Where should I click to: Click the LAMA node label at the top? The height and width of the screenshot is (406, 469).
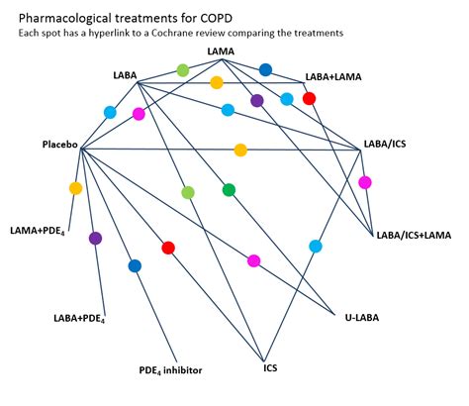[x=223, y=51]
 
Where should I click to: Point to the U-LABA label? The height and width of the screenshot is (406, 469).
[x=361, y=318]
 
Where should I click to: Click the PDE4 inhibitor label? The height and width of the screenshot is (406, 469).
[x=170, y=370]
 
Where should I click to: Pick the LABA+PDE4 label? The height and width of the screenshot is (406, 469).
[x=79, y=318]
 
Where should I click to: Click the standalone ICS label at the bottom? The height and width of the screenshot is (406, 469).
[x=270, y=368]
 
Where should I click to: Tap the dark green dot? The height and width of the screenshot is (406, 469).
[x=230, y=189]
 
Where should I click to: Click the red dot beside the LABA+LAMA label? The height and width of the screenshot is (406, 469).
[x=309, y=98]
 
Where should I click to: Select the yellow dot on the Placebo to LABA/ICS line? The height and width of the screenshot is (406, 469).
[x=240, y=151]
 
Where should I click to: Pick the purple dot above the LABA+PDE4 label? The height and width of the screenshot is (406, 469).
[x=96, y=238]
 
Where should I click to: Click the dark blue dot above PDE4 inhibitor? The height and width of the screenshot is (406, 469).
[x=135, y=265]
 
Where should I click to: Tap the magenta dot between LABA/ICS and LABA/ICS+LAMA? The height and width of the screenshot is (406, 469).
[x=365, y=182]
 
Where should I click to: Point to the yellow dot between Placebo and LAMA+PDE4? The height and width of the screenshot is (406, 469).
[x=75, y=188]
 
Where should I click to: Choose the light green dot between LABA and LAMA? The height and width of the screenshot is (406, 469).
[x=183, y=70]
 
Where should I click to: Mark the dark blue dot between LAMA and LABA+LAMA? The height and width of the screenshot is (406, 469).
[x=265, y=69]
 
